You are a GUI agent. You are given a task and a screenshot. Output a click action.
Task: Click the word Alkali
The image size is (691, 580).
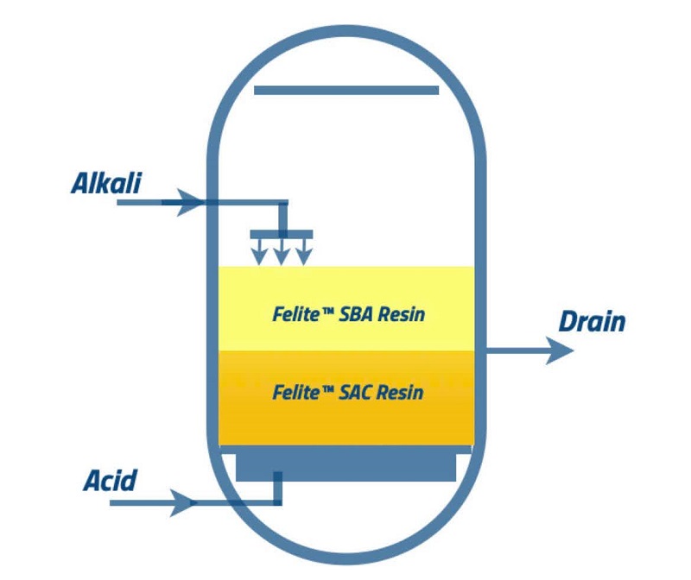(x=106, y=183)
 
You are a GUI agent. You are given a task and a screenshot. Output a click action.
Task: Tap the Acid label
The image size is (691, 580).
(x=111, y=480)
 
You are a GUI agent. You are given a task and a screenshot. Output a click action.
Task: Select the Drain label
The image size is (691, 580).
(x=592, y=321)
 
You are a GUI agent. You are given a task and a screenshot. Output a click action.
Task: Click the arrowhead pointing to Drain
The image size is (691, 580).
(x=560, y=350)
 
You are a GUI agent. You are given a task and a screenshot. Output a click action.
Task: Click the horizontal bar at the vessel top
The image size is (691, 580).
(x=346, y=91)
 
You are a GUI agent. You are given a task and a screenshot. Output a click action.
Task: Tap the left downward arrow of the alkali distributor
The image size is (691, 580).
(x=259, y=252)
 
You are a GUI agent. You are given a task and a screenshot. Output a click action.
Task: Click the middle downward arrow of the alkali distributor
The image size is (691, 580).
(x=282, y=252)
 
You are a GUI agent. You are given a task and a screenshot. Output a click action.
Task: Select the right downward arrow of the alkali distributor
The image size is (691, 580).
(x=304, y=252)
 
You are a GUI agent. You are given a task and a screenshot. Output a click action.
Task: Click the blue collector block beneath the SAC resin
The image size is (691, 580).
(x=346, y=463)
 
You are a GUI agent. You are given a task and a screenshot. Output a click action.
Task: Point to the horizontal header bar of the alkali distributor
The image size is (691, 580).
(x=282, y=234)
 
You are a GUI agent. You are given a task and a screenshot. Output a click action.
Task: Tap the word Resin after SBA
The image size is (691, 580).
(x=402, y=314)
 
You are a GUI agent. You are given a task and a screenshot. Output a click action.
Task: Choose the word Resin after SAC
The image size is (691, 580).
(x=400, y=393)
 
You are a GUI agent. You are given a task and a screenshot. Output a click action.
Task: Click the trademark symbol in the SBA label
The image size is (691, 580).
(x=328, y=311)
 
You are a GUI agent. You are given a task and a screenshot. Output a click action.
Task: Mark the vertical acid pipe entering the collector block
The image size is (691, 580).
(x=277, y=489)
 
